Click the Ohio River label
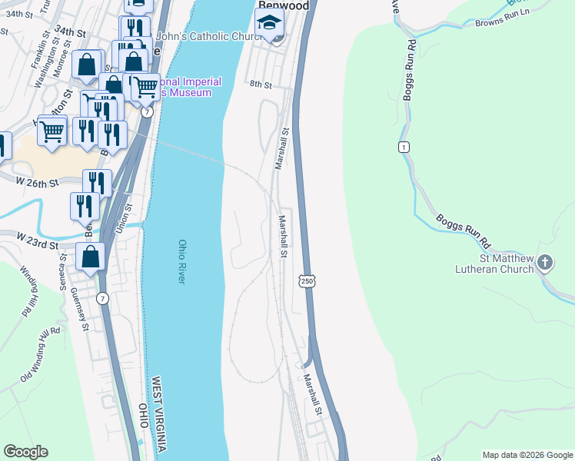(x=182, y=262)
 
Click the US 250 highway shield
(x=307, y=282)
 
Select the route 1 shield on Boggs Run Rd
(x=403, y=146)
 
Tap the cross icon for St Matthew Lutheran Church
(x=545, y=264)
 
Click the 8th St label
(x=261, y=85)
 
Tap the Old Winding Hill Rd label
(x=40, y=353)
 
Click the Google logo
(x=25, y=452)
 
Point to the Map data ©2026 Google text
(x=527, y=455)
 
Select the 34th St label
(x=68, y=33)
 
